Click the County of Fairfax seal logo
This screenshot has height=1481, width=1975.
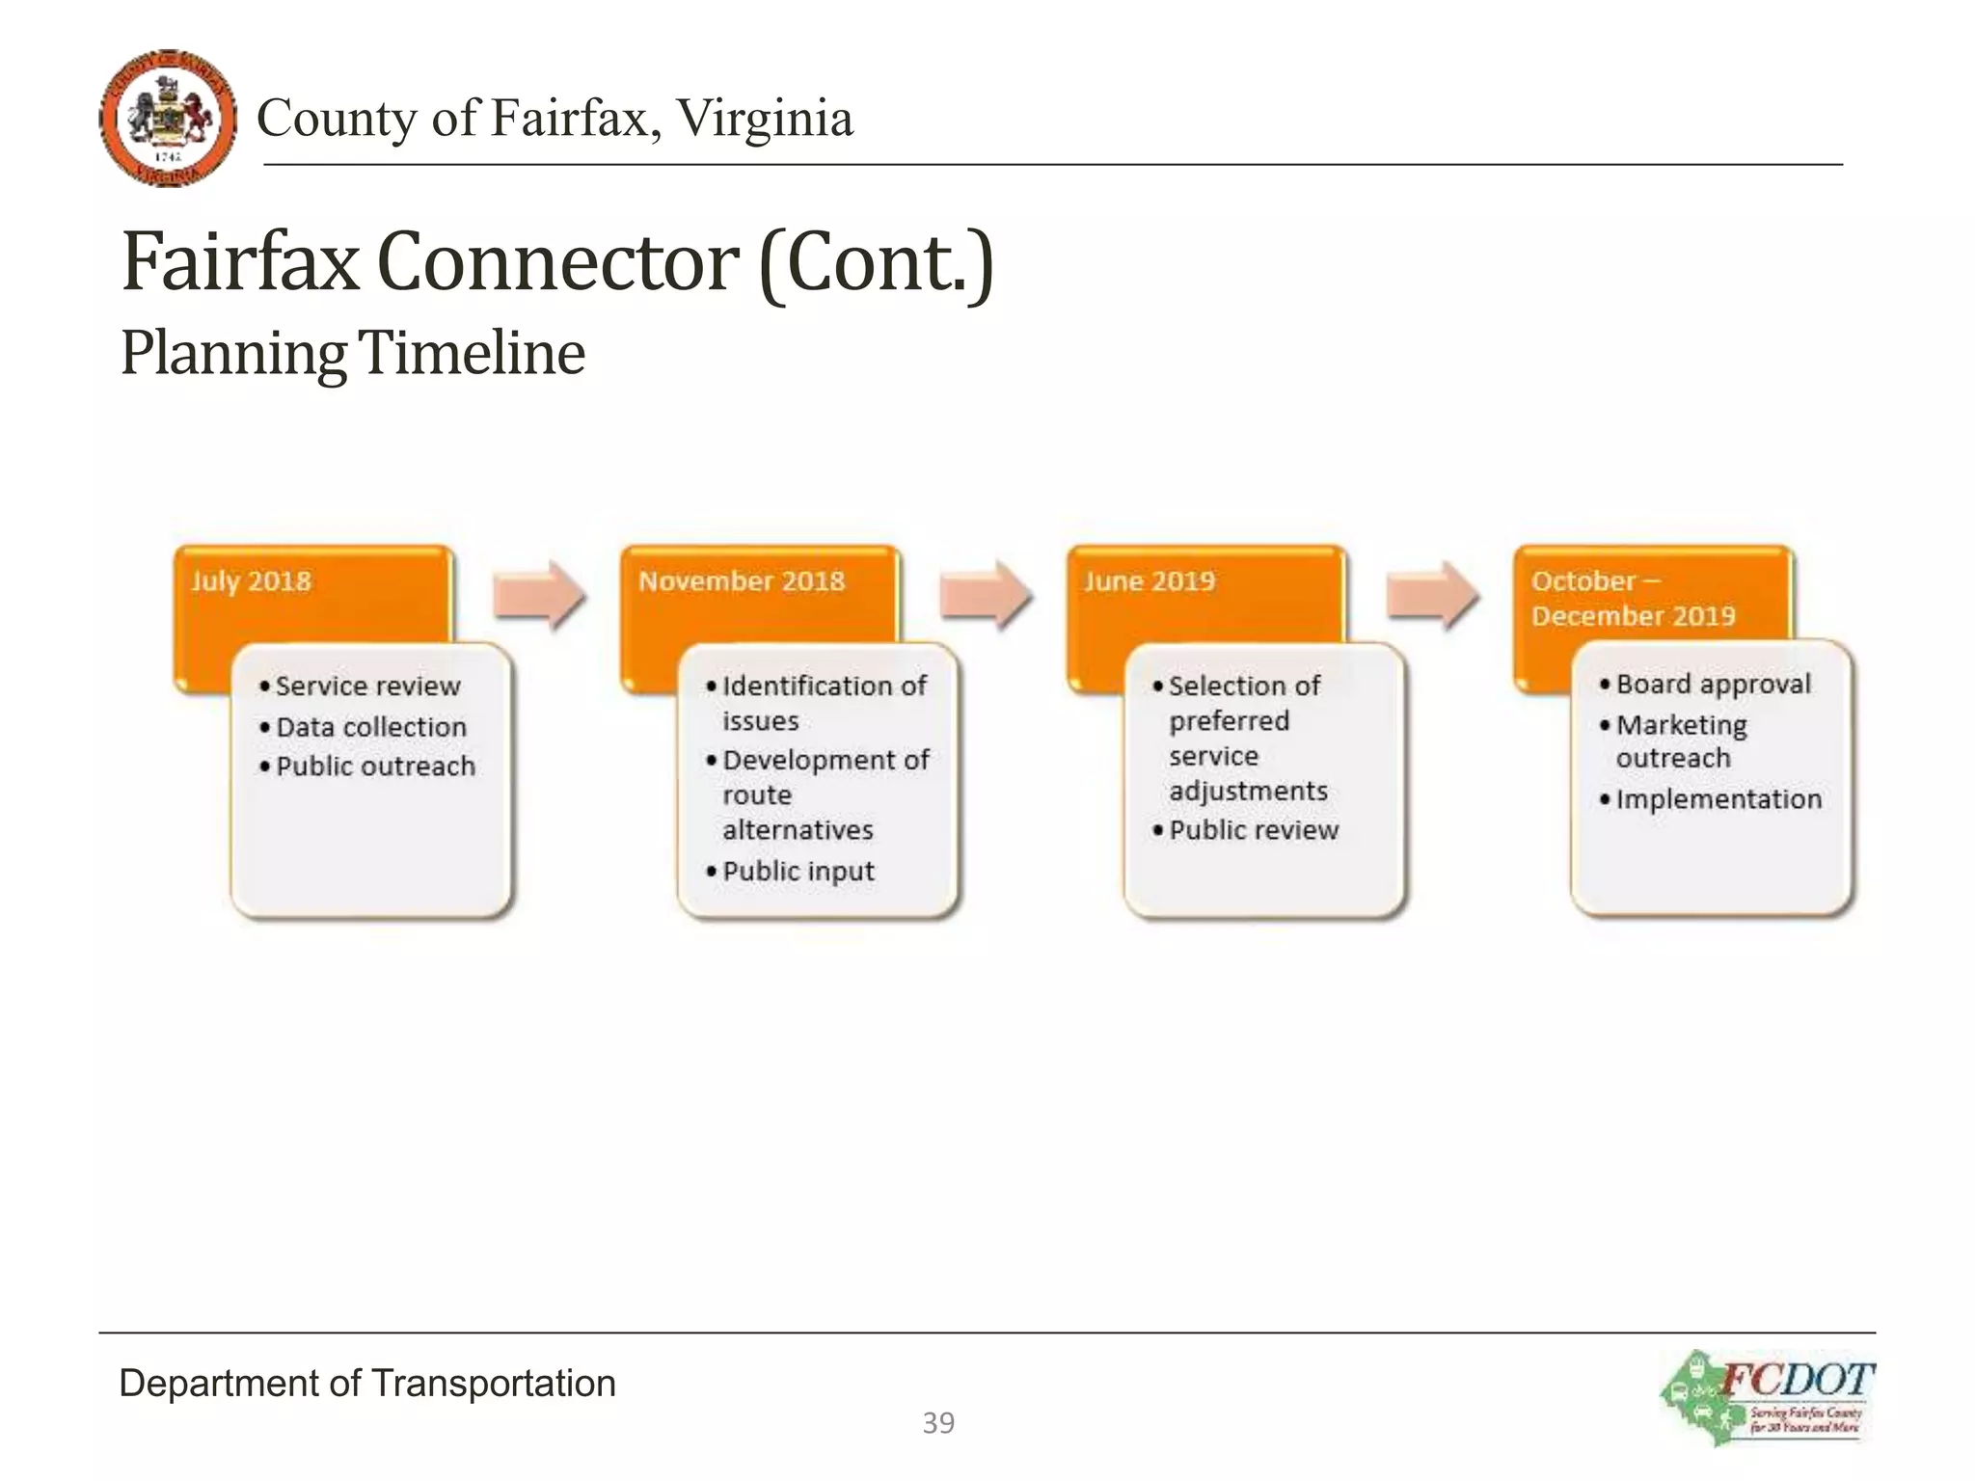click(168, 118)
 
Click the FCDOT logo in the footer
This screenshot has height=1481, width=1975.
click(1767, 1397)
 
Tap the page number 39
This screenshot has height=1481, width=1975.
click(938, 1422)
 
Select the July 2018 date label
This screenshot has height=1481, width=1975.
click(251, 581)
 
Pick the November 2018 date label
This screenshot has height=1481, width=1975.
click(741, 581)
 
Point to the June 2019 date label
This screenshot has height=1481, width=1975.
click(1149, 581)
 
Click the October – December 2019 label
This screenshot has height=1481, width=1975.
click(1633, 599)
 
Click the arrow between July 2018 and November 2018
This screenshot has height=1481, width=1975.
click(539, 595)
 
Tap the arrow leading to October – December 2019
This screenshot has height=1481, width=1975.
click(1432, 595)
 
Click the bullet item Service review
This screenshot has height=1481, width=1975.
click(367, 687)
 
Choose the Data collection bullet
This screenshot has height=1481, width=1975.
click(370, 727)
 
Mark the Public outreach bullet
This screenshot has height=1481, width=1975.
click(375, 767)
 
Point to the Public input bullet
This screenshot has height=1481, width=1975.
click(798, 872)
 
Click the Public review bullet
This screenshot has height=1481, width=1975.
click(1253, 830)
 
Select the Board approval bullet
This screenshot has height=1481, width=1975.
click(1713, 685)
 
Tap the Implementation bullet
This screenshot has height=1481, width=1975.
click(1718, 799)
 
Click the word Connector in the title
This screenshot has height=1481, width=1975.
click(558, 262)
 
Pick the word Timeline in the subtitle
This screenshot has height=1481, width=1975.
click(473, 353)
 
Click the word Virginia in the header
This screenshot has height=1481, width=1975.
click(765, 119)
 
